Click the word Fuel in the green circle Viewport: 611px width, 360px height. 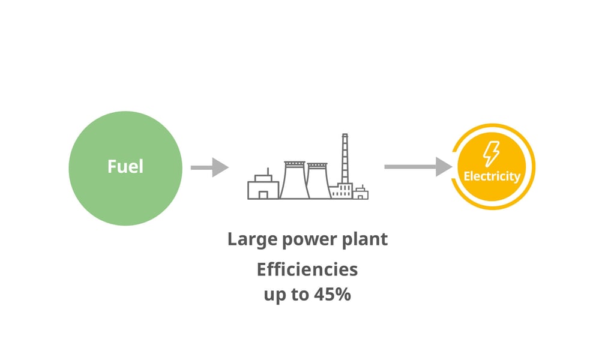pyautogui.click(x=125, y=166)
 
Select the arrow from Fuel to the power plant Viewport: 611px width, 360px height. pyautogui.click(x=209, y=167)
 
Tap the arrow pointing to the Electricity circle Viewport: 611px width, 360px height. pyautogui.click(x=418, y=167)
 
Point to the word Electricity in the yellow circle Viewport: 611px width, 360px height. pyautogui.click(x=492, y=176)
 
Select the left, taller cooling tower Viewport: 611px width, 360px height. pyautogui.click(x=294, y=180)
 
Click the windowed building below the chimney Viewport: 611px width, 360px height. pyautogui.click(x=341, y=191)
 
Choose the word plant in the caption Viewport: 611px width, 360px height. pyautogui.click(x=365, y=239)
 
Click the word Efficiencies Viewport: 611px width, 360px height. pyautogui.click(x=307, y=269)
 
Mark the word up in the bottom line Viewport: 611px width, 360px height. pyautogui.click(x=274, y=296)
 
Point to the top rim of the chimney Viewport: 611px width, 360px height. pyautogui.click(x=345, y=135)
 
